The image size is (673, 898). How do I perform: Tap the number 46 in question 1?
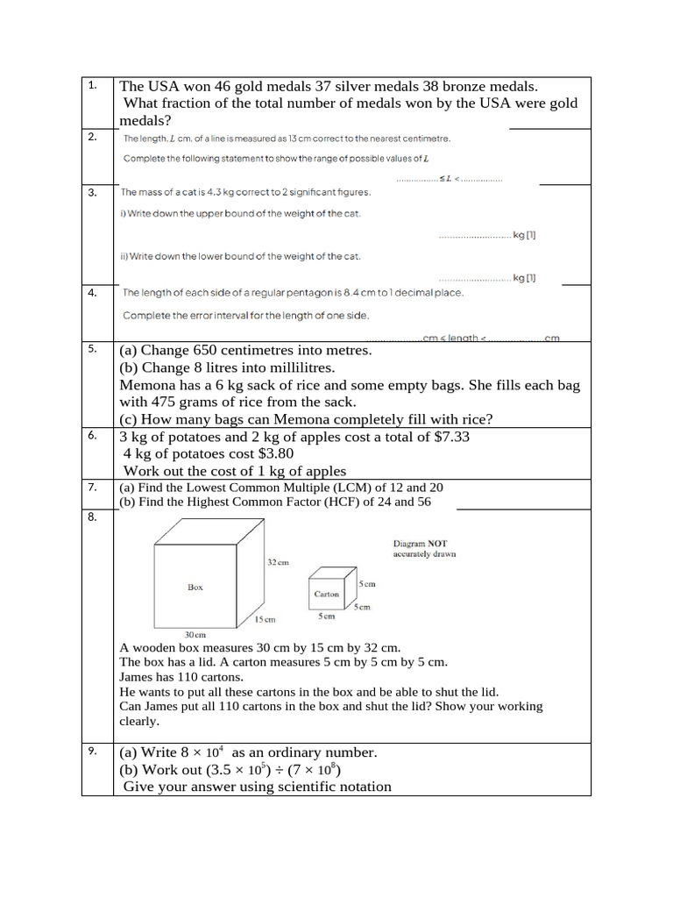pyautogui.click(x=221, y=87)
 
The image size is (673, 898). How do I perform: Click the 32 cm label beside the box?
pyautogui.click(x=277, y=562)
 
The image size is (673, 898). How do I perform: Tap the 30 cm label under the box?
pyautogui.click(x=195, y=634)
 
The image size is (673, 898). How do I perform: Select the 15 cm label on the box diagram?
pyautogui.click(x=265, y=619)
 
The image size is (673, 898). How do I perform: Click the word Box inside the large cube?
pyautogui.click(x=195, y=588)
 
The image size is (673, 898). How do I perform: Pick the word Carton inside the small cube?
pyautogui.click(x=326, y=594)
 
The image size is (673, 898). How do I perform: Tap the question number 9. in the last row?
pyautogui.click(x=92, y=751)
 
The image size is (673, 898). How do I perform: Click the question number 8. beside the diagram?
pyautogui.click(x=92, y=517)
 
